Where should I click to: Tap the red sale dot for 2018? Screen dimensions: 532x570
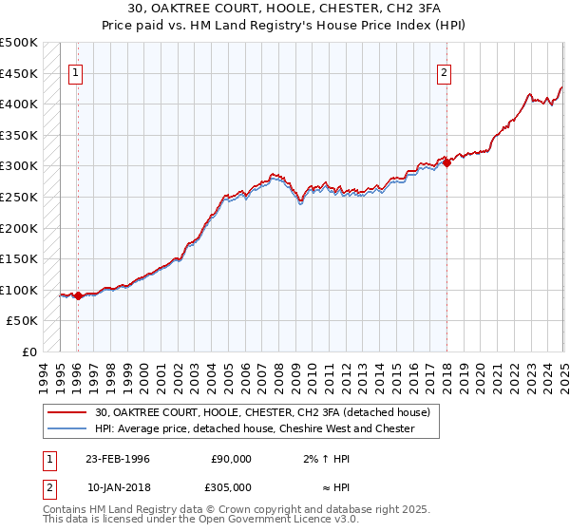446,162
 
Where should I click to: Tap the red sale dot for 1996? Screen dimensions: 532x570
78,296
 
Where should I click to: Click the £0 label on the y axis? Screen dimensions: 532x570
29,351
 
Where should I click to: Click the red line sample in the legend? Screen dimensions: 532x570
68,412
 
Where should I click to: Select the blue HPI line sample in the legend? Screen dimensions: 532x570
68,428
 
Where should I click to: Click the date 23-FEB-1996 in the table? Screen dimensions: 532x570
117,459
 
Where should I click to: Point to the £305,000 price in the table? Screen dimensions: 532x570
231,487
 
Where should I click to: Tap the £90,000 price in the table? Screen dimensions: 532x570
231,459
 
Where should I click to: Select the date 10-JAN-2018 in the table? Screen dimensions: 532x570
117,487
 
